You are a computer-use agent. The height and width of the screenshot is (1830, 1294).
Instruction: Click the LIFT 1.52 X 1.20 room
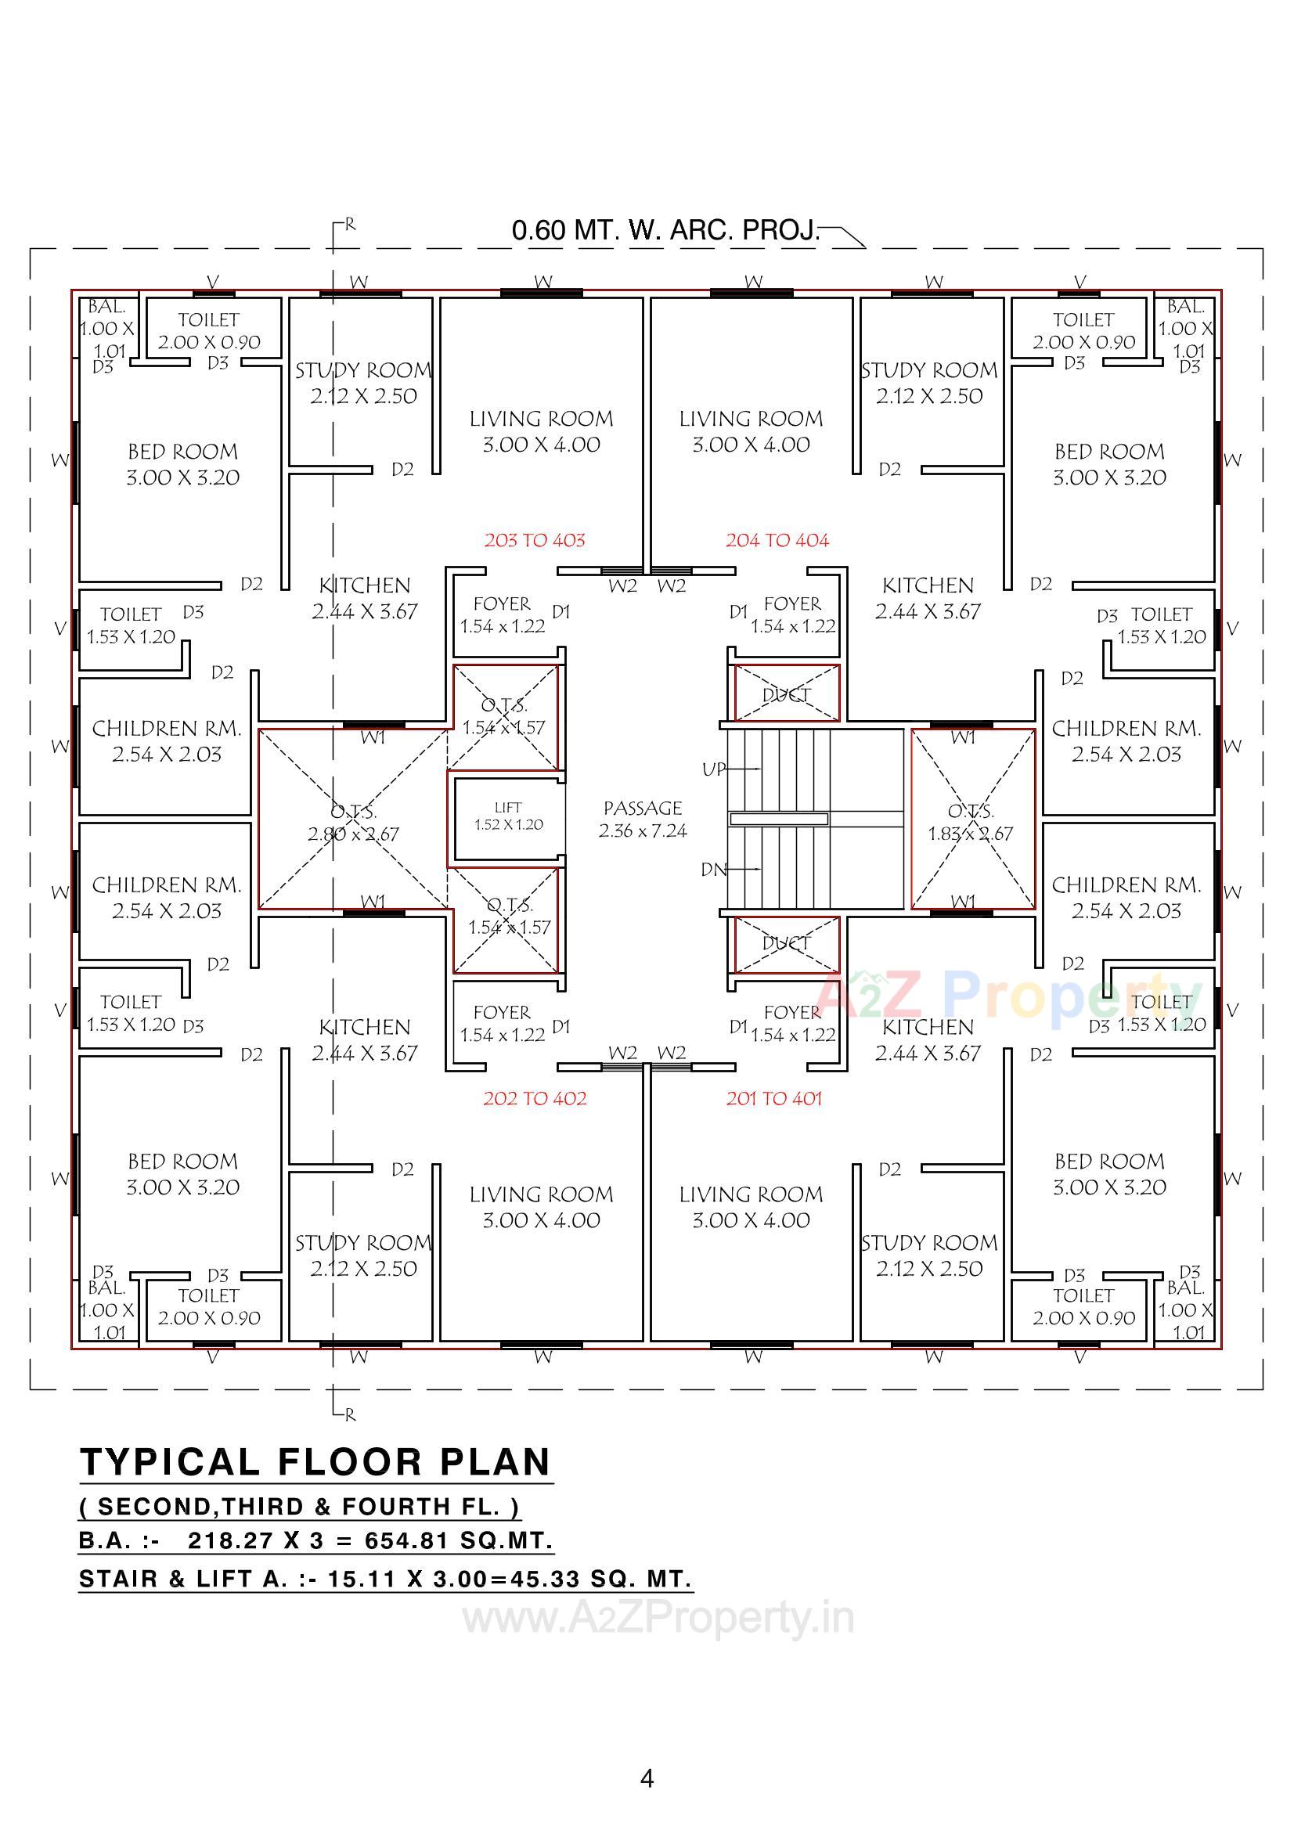508,818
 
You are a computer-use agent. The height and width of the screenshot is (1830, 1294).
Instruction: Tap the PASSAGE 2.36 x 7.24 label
643,820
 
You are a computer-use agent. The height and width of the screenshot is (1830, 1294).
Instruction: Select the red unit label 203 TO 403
534,540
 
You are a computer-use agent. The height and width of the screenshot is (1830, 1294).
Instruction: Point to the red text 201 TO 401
773,1099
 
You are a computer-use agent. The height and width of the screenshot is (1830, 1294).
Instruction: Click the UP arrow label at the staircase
714,769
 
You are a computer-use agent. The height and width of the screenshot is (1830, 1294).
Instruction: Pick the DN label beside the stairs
714,870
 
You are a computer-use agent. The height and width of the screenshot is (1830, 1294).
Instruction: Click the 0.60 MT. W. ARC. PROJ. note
665,230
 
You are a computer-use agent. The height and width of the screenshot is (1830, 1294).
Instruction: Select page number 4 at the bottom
647,1778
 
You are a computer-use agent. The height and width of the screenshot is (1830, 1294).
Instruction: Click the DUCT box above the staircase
786,694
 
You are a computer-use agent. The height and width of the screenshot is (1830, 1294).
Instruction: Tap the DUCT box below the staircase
786,944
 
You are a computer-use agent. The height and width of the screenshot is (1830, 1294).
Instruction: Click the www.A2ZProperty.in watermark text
658,1618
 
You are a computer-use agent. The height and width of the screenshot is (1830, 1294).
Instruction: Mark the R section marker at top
349,225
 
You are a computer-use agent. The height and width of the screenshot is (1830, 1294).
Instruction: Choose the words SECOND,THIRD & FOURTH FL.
299,1507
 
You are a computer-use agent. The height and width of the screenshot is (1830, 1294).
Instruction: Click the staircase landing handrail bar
778,820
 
